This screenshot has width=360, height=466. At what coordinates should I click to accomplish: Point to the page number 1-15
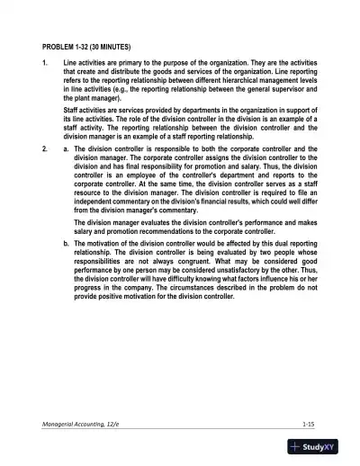pyautogui.click(x=310, y=421)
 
